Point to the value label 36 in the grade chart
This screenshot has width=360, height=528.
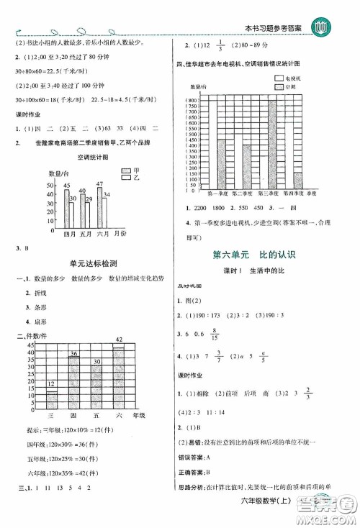73,353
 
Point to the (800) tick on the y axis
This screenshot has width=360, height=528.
192,100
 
